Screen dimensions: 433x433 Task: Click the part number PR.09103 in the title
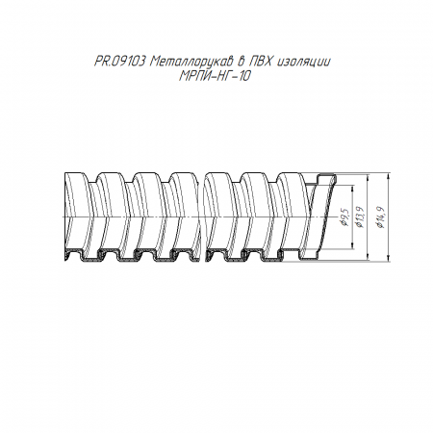[x=119, y=61]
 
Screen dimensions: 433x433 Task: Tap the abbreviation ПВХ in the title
[x=261, y=61]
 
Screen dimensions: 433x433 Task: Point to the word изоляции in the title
[x=303, y=62]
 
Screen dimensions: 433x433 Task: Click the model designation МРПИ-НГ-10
[x=215, y=76]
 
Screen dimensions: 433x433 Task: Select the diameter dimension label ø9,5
[x=345, y=217]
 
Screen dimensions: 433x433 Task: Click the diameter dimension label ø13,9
[x=360, y=217]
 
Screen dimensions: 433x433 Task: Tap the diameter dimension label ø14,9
[x=381, y=217]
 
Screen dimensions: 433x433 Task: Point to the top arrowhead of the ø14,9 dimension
[x=389, y=176]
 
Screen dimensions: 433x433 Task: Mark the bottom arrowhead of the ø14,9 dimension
[x=389, y=258]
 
